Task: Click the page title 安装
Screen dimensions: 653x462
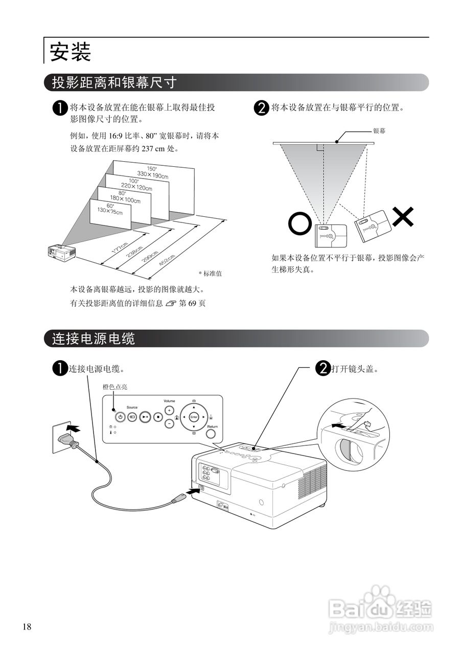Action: point(70,52)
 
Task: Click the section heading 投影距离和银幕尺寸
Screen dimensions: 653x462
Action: point(114,82)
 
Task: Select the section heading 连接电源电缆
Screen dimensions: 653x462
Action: point(94,338)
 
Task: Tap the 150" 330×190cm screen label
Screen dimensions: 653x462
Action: point(152,172)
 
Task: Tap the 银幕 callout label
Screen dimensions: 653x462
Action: point(379,131)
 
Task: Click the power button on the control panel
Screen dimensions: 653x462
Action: point(120,416)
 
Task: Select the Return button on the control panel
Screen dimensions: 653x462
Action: point(212,433)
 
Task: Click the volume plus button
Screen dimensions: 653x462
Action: point(169,411)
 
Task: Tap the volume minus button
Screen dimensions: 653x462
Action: point(169,423)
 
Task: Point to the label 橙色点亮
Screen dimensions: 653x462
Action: point(115,387)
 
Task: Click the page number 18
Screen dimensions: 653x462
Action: point(27,626)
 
